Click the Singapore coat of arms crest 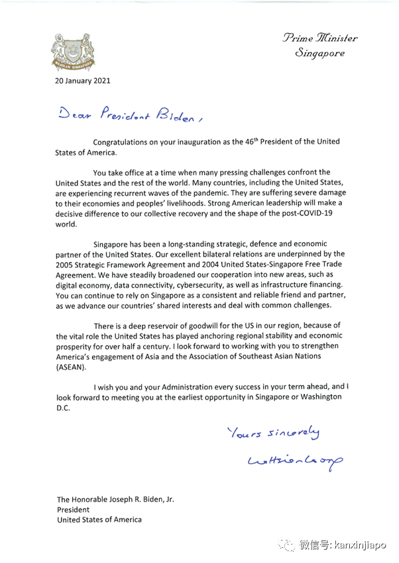[72, 52]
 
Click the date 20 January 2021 [83, 81]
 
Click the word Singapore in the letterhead [320, 53]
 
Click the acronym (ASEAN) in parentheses [72, 367]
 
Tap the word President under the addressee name [73, 509]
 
